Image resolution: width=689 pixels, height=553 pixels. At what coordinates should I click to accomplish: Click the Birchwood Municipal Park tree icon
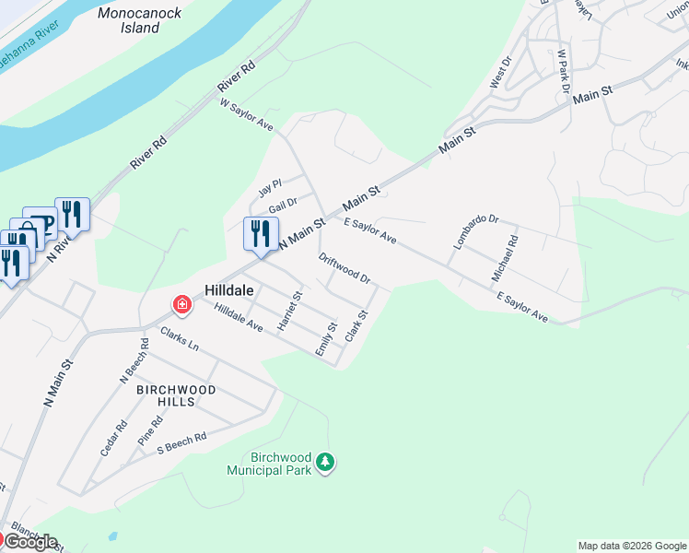[324, 461]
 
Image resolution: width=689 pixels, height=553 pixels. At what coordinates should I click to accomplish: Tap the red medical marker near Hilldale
[181, 303]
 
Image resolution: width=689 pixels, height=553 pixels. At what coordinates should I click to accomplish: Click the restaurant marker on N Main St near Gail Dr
[261, 233]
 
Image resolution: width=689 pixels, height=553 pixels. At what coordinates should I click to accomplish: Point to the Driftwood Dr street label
[344, 269]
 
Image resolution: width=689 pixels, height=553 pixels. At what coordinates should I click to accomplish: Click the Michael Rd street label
[505, 259]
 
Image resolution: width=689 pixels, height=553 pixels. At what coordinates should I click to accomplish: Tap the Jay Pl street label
[270, 188]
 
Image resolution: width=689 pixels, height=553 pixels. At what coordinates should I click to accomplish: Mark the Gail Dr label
[283, 205]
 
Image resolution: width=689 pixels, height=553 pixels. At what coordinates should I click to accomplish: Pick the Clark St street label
[356, 326]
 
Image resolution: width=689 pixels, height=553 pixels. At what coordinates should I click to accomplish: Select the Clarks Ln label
[180, 339]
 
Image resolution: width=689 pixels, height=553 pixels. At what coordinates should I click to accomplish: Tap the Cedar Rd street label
[114, 440]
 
